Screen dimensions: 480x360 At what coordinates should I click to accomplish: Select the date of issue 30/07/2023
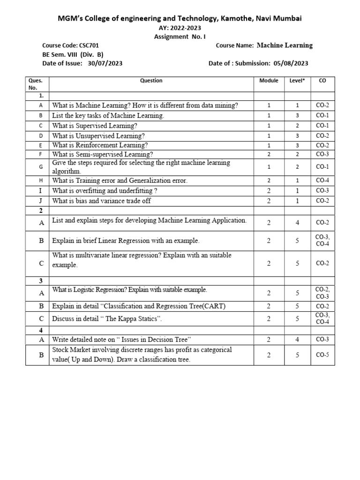coord(105,63)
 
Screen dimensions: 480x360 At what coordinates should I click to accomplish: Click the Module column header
coord(269,81)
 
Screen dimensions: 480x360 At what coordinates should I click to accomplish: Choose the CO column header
coord(322,81)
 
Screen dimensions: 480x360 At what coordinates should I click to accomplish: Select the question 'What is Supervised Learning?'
coord(95,126)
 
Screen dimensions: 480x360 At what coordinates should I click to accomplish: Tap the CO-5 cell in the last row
coord(322,355)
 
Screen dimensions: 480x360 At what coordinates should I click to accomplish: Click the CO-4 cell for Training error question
coord(322,180)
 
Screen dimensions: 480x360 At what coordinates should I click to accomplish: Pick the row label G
coord(41,167)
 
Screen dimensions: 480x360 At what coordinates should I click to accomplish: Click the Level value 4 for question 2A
coord(297,223)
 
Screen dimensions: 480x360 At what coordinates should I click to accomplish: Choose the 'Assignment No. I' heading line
coord(180,36)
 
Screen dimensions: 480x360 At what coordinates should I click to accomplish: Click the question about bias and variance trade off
coord(101,201)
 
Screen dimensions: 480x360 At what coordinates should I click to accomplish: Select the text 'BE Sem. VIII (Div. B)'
coord(73,54)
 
